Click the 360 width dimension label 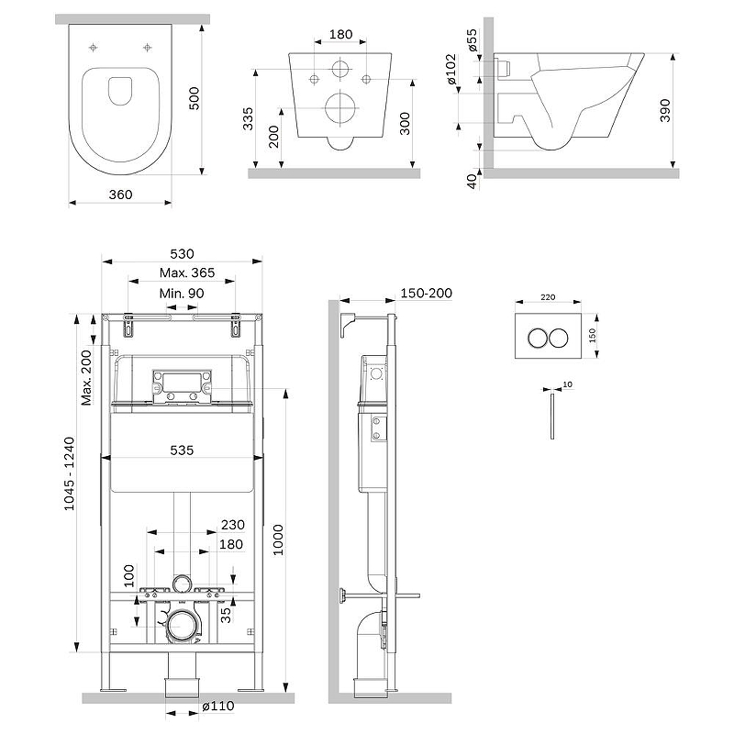[x=121, y=194]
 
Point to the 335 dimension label [x=248, y=117]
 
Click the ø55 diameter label [x=472, y=41]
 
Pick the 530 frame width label [x=182, y=253]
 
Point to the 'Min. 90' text [x=182, y=293]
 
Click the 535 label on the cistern [x=182, y=450]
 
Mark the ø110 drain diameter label [x=217, y=707]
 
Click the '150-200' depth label [x=427, y=294]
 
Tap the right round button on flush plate [x=558, y=337]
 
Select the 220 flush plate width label [x=547, y=297]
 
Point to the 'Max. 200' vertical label [x=87, y=377]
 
